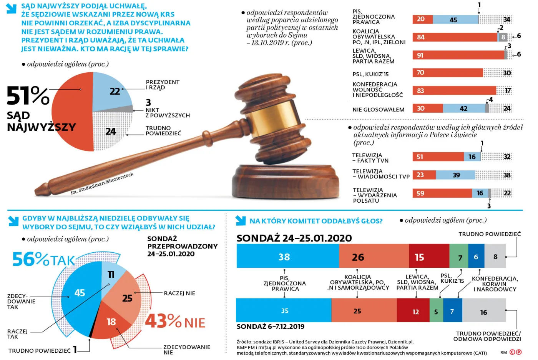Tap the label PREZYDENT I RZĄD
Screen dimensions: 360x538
coord(162,85)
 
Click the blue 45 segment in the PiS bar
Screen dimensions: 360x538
coord(455,20)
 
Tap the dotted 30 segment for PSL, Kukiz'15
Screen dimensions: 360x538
coord(498,73)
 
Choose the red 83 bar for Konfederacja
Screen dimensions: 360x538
coord(454,90)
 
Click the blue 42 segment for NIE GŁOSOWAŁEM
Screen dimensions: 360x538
coord(463,108)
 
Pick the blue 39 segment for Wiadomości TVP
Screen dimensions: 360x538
coord(455,175)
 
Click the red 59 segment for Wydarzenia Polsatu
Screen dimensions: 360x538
coord(442,193)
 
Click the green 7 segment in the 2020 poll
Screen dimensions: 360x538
coord(459,256)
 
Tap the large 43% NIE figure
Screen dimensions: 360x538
coord(175,321)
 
